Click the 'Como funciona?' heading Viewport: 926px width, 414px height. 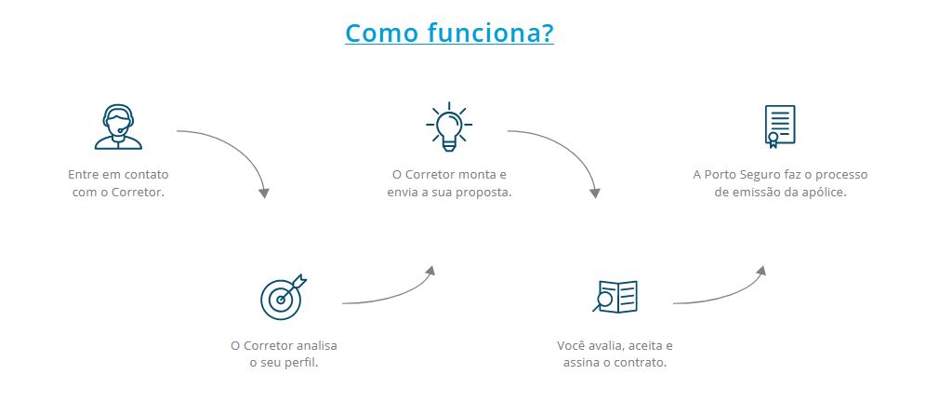coord(449,33)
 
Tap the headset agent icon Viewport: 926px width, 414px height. coord(118,127)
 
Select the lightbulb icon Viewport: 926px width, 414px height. coord(449,127)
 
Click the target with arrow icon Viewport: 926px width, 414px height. coord(284,297)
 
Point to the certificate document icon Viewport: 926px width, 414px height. coord(779,127)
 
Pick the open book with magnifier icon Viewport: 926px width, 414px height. coord(615,297)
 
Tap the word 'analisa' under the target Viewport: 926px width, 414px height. coord(316,345)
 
